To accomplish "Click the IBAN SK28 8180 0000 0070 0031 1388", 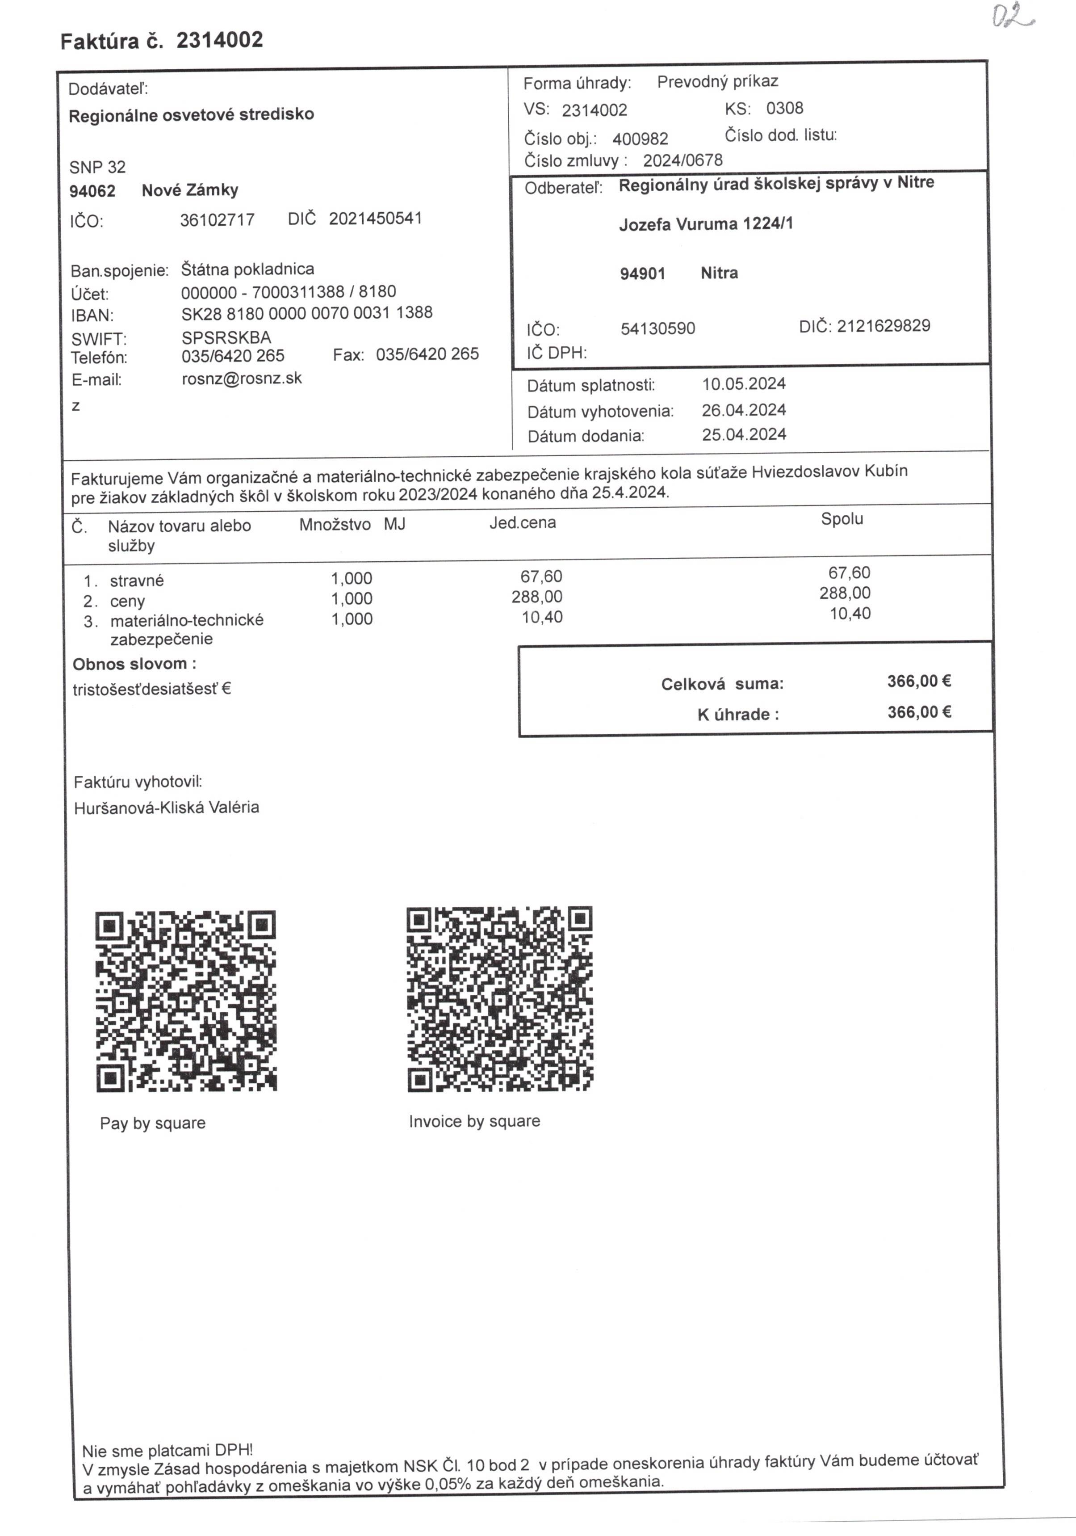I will (306, 313).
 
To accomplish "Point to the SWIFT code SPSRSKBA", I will (226, 337).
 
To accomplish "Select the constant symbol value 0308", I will (784, 109).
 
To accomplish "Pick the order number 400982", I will (640, 139).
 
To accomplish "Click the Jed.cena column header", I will (522, 522).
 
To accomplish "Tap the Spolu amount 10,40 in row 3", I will (850, 614).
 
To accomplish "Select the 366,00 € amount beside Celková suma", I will (919, 681).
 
